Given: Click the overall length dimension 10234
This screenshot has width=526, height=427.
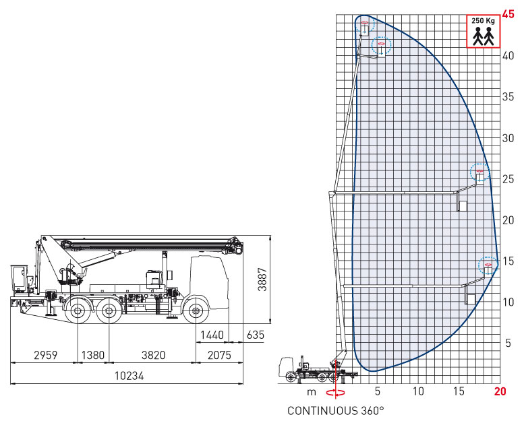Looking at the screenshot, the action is (129, 376).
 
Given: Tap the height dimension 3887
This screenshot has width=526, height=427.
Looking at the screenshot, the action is (262, 280).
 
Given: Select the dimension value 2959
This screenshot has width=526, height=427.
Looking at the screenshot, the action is (46, 355).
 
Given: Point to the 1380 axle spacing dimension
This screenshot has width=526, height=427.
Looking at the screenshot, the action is (93, 355).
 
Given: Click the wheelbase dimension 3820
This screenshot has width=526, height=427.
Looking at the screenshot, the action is (153, 355).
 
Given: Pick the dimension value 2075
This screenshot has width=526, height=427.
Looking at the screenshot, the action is (219, 355).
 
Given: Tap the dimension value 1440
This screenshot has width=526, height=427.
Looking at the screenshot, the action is (212, 335).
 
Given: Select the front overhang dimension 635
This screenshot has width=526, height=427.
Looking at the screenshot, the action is (256, 335).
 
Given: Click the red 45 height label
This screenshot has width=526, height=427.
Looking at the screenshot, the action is (508, 14).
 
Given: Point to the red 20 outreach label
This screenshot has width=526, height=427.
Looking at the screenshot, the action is (500, 391).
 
